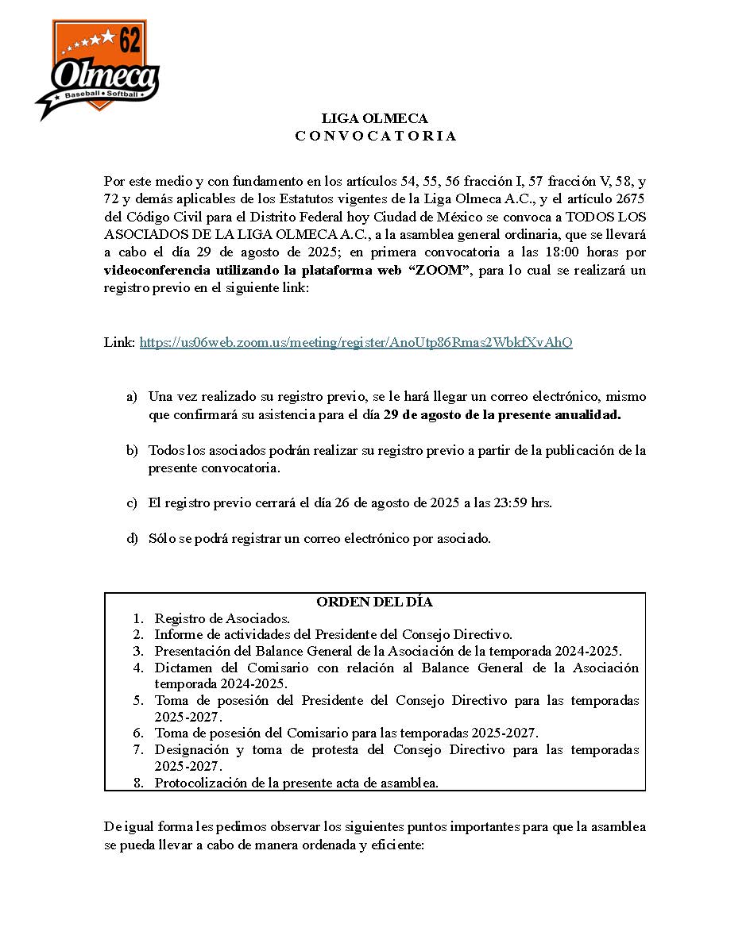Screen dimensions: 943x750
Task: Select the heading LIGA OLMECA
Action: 374,119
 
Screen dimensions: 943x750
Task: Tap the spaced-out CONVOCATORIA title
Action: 376,136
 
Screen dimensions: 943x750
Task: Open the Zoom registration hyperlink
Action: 356,342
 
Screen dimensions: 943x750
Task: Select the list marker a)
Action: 131,396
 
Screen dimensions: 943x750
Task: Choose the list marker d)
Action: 132,538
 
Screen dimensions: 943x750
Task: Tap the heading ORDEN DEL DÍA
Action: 374,602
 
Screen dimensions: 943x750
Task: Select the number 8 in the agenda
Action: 138,783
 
